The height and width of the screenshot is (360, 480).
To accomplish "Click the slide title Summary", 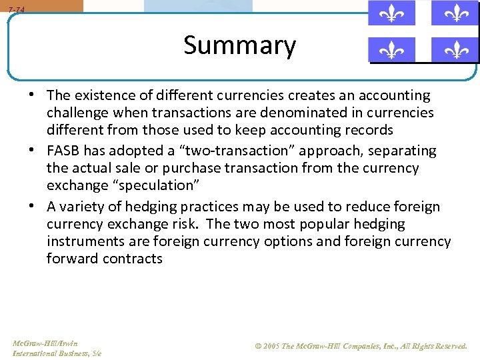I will tap(239, 46).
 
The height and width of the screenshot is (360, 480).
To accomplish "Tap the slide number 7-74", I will tap(17, 9).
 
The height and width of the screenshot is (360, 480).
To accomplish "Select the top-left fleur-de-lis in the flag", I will tap(391, 13).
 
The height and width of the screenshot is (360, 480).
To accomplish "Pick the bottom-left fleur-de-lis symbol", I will tap(391, 49).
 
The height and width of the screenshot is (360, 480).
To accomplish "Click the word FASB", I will tap(65, 151).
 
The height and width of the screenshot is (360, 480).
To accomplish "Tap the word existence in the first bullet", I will tap(103, 95).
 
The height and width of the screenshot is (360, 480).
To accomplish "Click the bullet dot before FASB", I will tap(32, 151).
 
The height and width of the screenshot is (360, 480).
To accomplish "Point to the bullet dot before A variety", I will tap(32, 207).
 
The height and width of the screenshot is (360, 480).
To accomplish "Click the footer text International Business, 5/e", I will tap(57, 353).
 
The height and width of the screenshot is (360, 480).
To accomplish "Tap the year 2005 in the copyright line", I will tap(271, 346).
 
